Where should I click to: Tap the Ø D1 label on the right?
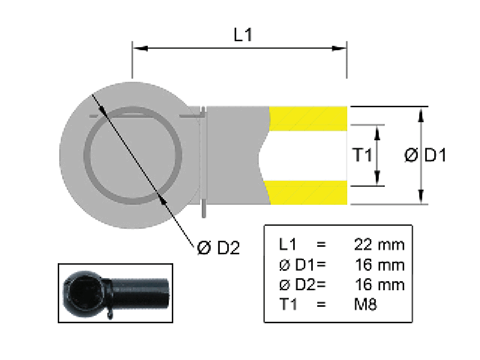pos(426,156)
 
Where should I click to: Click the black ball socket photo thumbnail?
pos(115,292)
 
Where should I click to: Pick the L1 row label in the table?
pos(287,244)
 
